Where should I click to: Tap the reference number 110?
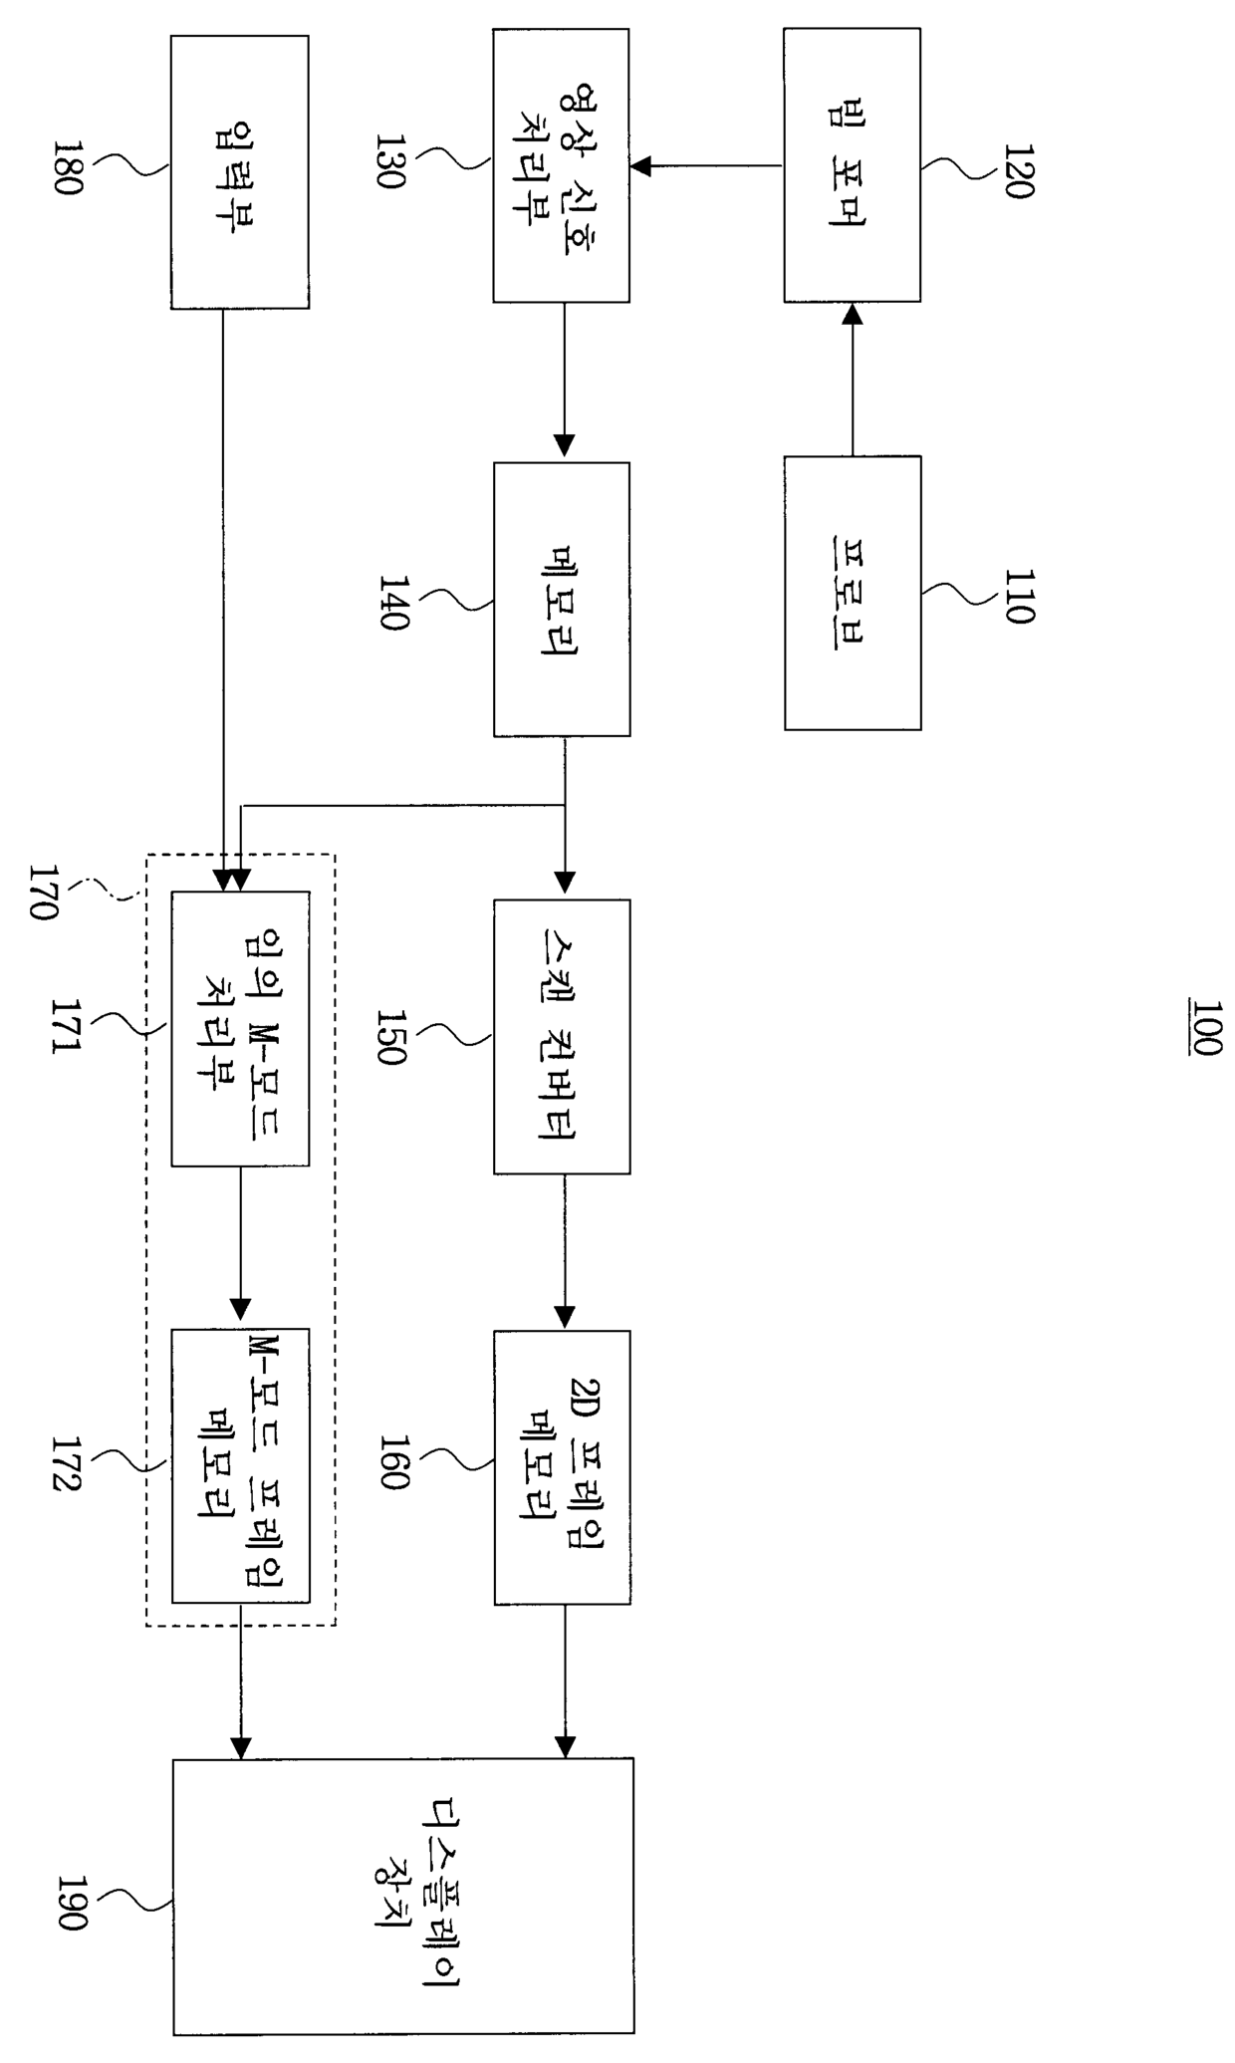[x=1017, y=596]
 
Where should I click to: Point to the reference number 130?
[x=391, y=161]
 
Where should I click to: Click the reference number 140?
[x=393, y=602]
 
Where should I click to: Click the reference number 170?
[x=45, y=892]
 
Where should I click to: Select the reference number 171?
[x=66, y=1027]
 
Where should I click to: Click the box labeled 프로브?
[x=853, y=594]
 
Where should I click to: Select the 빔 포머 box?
[x=852, y=164]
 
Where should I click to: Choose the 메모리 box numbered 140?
[x=562, y=600]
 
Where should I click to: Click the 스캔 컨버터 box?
[x=562, y=1036]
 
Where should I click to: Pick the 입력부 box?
[x=239, y=171]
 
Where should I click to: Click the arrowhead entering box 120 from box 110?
[x=853, y=315]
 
